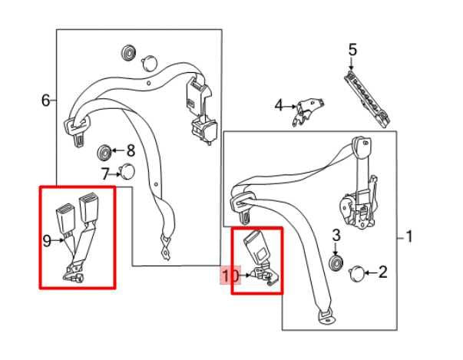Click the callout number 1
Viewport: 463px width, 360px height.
[409, 236]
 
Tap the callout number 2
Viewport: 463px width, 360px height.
[382, 272]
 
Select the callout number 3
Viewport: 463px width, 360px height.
[336, 235]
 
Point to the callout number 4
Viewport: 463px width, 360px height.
[279, 105]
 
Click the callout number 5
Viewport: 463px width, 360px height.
[352, 50]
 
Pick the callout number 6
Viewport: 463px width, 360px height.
[46, 101]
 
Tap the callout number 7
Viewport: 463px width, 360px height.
[105, 173]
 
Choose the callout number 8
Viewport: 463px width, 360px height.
[131, 150]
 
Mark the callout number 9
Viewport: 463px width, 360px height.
[48, 241]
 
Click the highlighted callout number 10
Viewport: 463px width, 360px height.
[230, 276]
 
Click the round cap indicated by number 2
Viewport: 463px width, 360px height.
[357, 273]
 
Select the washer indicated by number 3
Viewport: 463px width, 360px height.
[336, 263]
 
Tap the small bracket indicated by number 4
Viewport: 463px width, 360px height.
[308, 111]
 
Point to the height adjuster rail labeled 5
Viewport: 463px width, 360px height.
[367, 99]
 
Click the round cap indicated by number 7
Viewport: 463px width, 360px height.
[127, 172]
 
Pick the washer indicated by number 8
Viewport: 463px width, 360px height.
[104, 153]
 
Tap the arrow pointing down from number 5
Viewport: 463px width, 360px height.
[352, 64]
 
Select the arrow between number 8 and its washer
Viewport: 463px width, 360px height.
[118, 150]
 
